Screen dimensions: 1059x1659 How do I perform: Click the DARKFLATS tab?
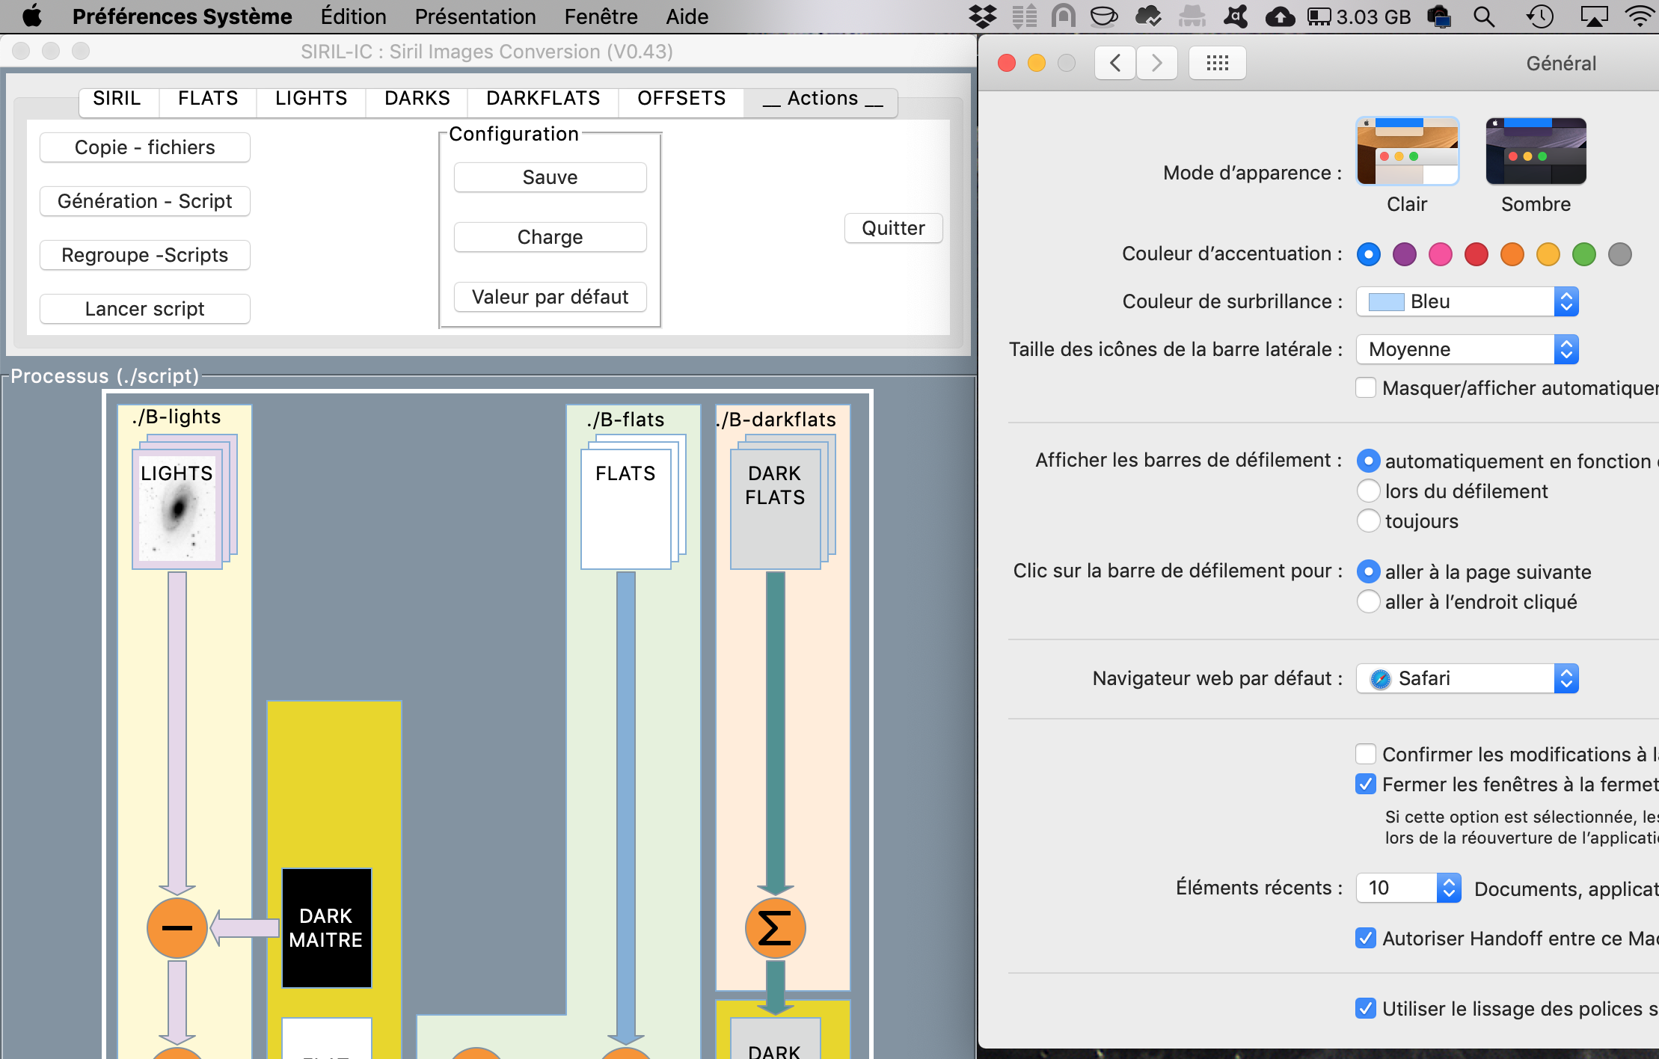pos(543,99)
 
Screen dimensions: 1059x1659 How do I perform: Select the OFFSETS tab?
pos(681,99)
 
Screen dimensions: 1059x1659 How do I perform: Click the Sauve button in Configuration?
pos(550,177)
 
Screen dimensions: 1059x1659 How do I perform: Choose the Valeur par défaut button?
pos(550,297)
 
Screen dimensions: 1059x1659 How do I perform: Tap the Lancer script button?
pos(144,309)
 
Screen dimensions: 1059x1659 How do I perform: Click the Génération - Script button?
pos(144,201)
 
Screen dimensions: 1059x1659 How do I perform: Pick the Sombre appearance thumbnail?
pos(1536,151)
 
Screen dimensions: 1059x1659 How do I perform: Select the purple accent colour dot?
pos(1405,254)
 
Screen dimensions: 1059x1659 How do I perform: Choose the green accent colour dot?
pos(1584,254)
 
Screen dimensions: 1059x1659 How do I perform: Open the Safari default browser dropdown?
pos(1467,678)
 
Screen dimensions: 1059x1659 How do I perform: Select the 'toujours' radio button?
pos(1368,521)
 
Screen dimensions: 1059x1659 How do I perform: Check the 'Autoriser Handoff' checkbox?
pos(1366,938)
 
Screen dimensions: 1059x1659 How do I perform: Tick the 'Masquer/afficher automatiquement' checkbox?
pos(1366,387)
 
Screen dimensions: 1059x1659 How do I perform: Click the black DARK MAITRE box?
pos(326,927)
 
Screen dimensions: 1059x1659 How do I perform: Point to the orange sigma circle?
pos(775,927)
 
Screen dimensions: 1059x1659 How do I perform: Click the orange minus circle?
pos(177,927)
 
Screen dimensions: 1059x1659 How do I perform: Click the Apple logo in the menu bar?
pos(32,16)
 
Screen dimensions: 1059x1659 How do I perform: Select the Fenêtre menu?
pos(601,16)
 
